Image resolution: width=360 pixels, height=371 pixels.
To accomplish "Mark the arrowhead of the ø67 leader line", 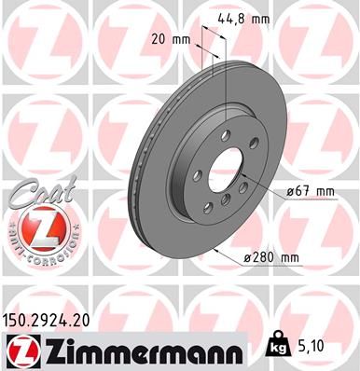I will tap(243, 176).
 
